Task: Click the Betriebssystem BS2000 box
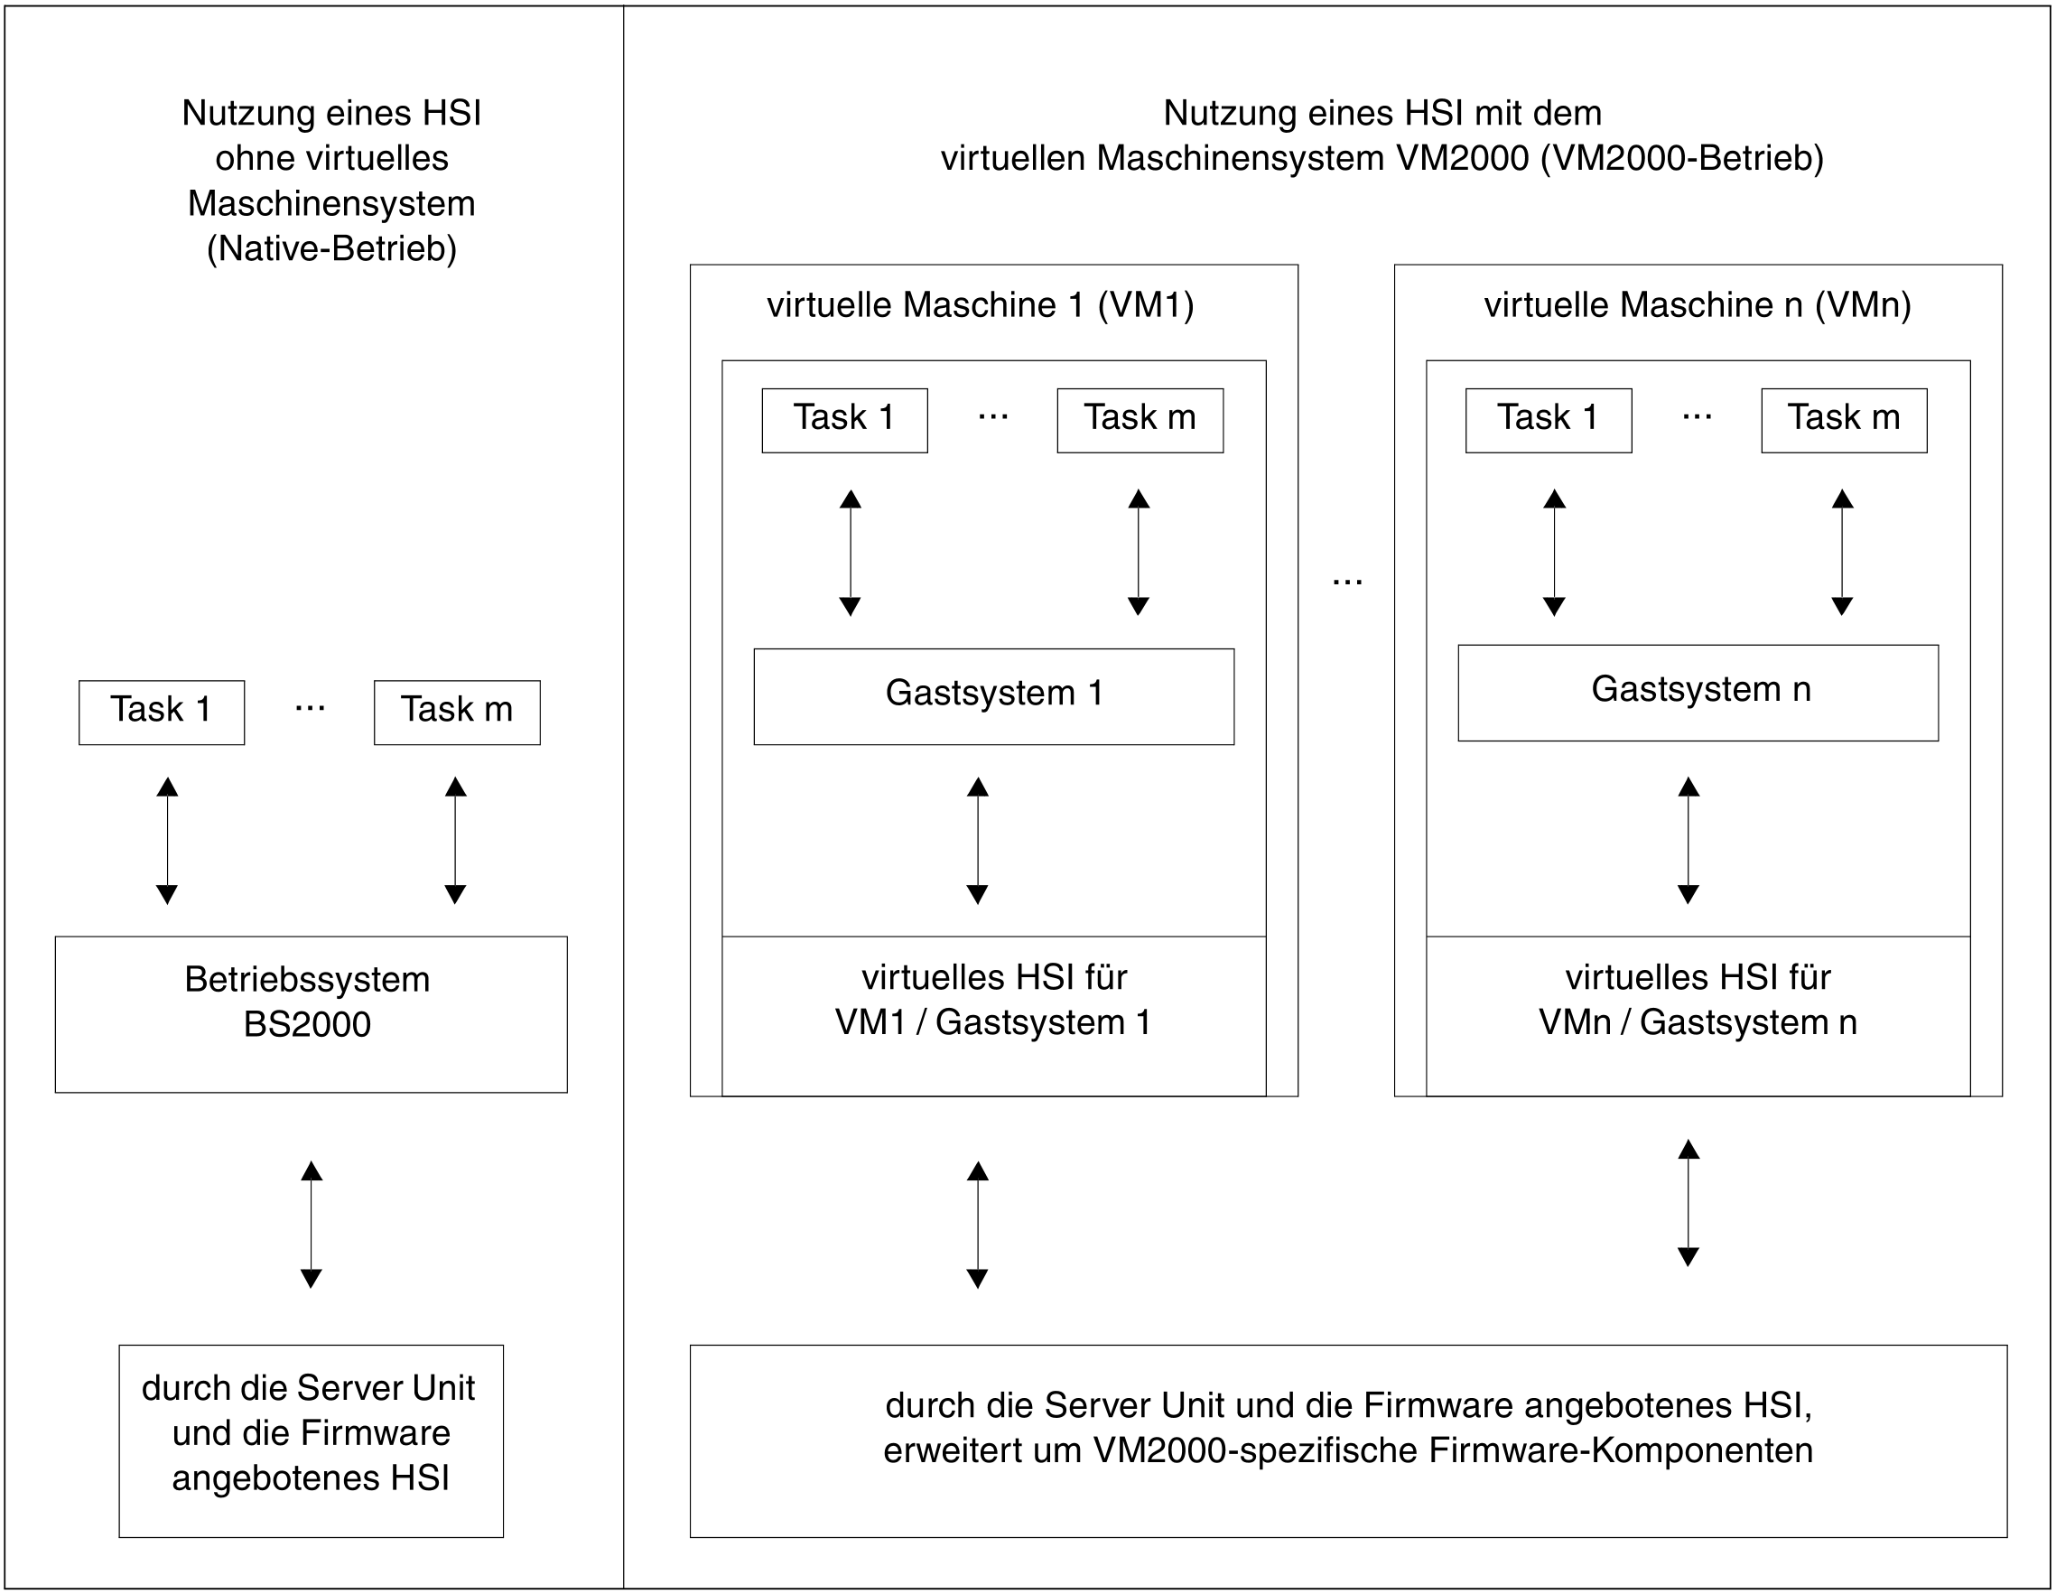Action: (311, 1014)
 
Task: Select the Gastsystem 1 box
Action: (993, 695)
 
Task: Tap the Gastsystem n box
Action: (1698, 692)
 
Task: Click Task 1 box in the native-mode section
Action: (161, 712)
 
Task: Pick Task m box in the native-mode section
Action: (457, 712)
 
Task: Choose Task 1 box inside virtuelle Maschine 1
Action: (844, 420)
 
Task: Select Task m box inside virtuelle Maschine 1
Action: (1140, 420)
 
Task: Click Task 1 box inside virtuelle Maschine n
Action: (1548, 420)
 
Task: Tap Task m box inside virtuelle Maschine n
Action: (1843, 420)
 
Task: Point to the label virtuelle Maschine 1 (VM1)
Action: (980, 305)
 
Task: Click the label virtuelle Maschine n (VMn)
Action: (1698, 305)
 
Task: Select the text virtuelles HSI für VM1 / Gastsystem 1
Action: (993, 1000)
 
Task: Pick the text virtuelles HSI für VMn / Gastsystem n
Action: (1698, 1000)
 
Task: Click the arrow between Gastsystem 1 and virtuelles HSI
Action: (977, 840)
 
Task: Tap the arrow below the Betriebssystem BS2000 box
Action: (311, 1224)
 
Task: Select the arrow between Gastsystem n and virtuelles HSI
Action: (1688, 840)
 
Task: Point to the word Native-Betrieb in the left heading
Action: (331, 248)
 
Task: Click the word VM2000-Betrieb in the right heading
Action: (1681, 158)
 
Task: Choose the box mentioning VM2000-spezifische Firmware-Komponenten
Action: (1348, 1441)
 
